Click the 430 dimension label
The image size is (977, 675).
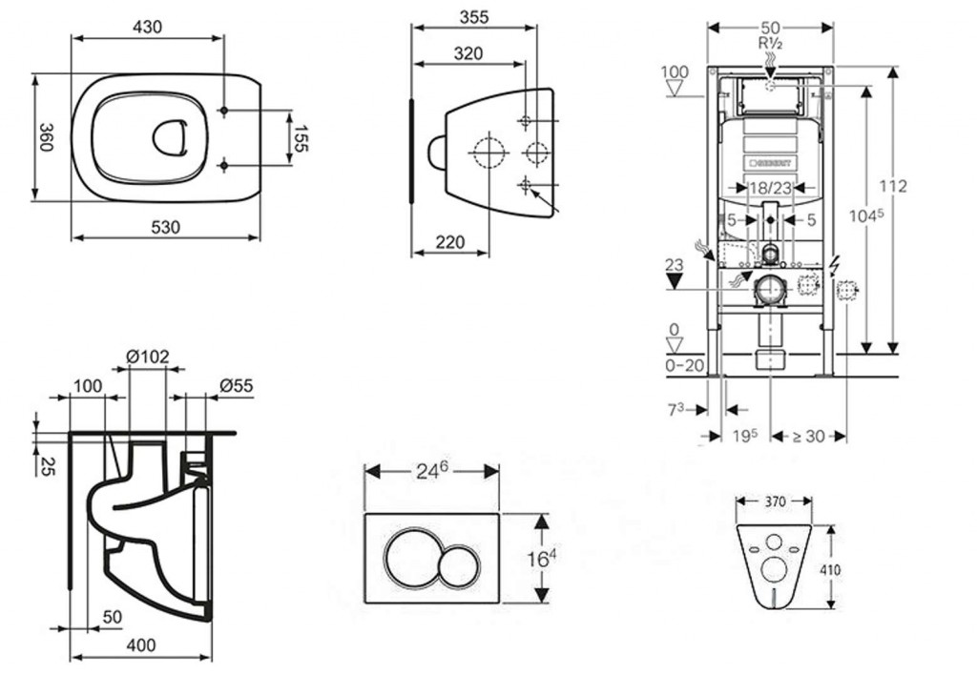pos(146,27)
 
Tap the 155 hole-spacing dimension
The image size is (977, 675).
pos(301,139)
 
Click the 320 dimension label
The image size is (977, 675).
pos(467,53)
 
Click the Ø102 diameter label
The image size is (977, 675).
pos(148,357)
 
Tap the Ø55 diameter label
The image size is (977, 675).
pos(237,385)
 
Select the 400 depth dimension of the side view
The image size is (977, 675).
pos(140,645)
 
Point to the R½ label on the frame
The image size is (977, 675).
pos(770,42)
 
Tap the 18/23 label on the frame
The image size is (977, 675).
pos(769,191)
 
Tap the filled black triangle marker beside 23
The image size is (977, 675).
pos(676,282)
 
